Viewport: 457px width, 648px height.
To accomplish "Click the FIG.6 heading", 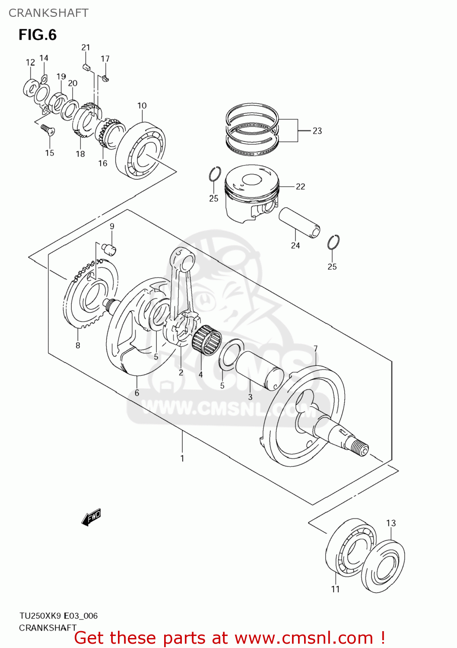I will tap(38, 35).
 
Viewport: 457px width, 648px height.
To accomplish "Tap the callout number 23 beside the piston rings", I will tap(317, 131).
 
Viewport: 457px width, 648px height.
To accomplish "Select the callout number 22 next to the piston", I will tap(300, 187).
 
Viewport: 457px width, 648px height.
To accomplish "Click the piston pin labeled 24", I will tap(299, 222).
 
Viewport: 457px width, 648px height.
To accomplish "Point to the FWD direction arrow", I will tap(91, 517).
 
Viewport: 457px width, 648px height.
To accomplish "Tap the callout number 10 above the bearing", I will tap(142, 106).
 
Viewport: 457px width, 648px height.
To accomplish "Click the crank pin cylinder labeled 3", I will tap(259, 370).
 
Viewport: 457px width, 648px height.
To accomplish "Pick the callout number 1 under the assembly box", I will tap(182, 458).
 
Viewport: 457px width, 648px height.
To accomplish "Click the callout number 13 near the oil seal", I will tap(390, 523).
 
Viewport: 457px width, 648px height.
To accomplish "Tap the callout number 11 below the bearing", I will tap(335, 589).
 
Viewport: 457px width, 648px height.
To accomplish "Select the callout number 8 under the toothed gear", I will tap(78, 345).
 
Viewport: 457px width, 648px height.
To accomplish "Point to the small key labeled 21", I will tap(86, 67).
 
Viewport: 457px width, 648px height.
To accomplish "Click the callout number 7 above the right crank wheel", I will tap(315, 349).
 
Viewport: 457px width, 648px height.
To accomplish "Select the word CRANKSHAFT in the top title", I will tap(48, 13).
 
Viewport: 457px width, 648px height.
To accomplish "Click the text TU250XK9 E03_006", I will tap(58, 616).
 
